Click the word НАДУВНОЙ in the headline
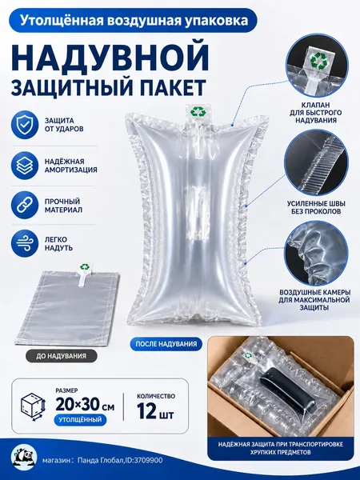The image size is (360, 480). point(111,58)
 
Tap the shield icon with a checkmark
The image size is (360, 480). point(25,126)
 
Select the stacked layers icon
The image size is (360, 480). point(25,166)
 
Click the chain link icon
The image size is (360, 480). point(25,205)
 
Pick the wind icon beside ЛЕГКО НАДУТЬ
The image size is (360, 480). point(25,244)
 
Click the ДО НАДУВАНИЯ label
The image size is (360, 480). point(61,356)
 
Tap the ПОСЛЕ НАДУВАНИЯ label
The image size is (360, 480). point(166,344)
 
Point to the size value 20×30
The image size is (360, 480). point(78,404)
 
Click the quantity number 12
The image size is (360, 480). point(146,410)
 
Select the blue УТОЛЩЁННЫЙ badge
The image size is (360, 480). point(80,419)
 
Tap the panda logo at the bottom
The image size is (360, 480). point(24,458)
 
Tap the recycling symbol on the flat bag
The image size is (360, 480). point(84,267)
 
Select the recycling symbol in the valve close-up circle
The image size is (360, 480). point(318,60)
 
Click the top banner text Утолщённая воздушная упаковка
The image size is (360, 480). point(134,21)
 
